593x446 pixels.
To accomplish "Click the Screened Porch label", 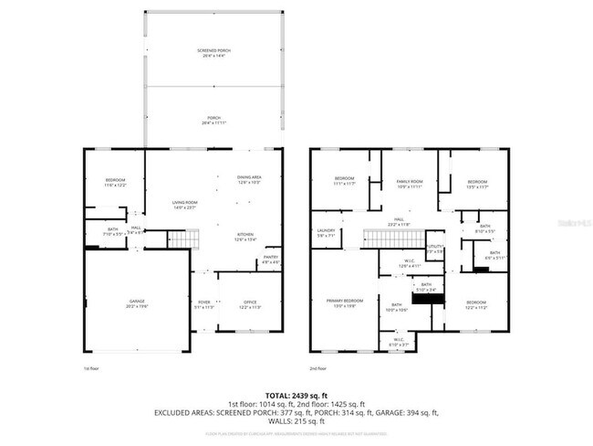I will click(213, 52).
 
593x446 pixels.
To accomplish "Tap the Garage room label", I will click(137, 303).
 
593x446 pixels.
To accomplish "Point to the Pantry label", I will click(271, 260).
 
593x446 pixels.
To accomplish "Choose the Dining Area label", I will click(249, 179).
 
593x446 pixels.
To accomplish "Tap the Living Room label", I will click(186, 205).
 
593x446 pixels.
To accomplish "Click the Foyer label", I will click(205, 304).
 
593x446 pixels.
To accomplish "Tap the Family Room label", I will click(409, 184).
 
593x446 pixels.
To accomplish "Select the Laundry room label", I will click(327, 232).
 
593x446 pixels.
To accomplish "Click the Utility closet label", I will click(435, 248).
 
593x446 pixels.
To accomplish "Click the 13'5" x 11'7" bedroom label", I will click(478, 184).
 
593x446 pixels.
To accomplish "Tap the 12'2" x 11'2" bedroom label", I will click(476, 303).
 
